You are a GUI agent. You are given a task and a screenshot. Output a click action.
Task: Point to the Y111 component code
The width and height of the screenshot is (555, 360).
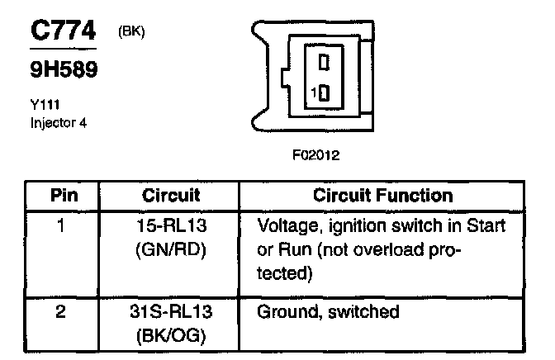[x=41, y=105]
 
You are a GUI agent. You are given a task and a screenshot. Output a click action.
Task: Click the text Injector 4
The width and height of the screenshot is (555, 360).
[x=58, y=123]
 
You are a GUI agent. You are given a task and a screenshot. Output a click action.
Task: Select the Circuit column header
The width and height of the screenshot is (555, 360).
[x=172, y=196]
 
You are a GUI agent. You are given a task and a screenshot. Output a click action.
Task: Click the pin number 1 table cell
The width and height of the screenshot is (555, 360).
[x=63, y=225]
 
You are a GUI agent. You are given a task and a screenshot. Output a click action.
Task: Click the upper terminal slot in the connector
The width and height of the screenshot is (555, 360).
[x=325, y=61]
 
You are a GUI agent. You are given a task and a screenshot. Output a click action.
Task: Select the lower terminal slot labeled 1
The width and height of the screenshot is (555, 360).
[x=324, y=92]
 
